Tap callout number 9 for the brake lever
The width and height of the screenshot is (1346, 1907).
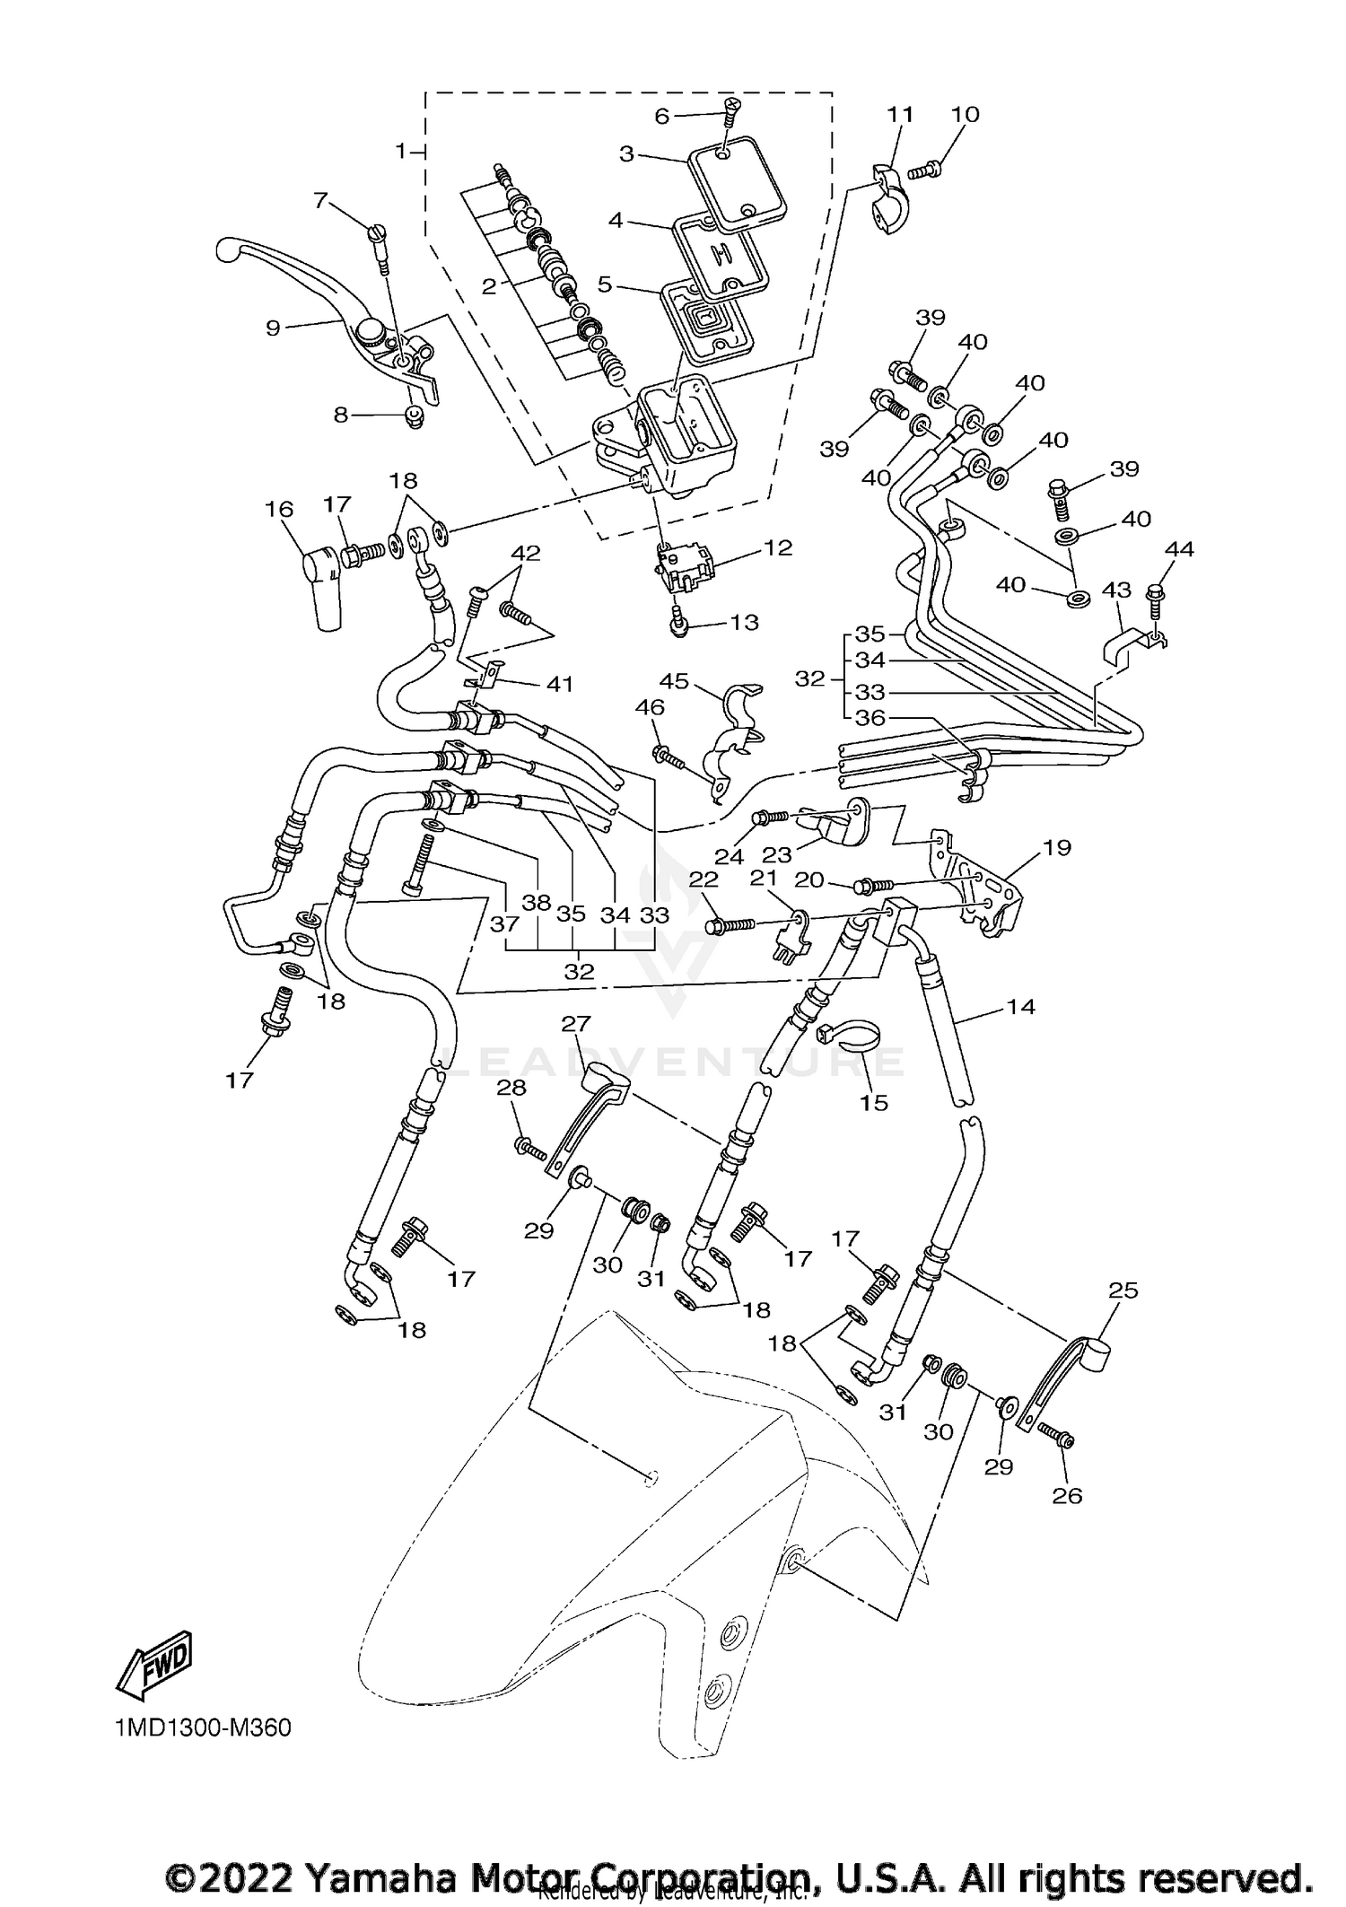273,328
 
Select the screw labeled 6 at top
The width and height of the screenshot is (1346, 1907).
731,113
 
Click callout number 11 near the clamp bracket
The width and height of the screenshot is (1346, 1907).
900,114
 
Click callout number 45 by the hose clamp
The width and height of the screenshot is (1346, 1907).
674,681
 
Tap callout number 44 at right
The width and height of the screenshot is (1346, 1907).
1178,549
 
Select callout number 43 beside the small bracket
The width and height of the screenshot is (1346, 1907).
1116,590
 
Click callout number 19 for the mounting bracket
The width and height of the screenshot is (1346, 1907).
1057,847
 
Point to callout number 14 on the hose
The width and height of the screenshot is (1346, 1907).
1020,1007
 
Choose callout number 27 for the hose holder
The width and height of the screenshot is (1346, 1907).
576,1024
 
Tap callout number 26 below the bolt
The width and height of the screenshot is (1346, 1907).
1068,1495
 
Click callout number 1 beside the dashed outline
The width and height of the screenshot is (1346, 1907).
401,151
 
